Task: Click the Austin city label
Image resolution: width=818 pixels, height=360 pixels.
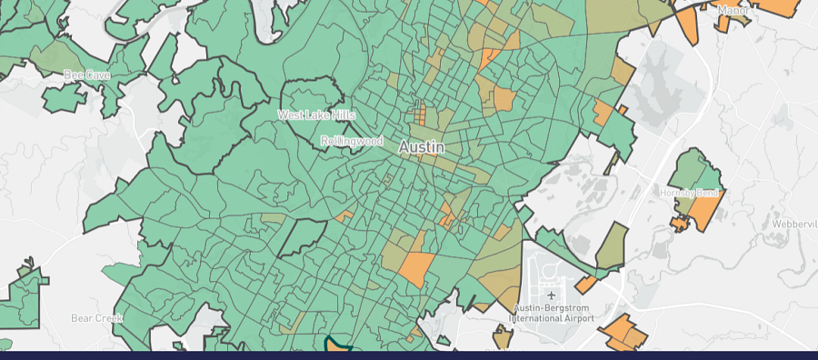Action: [x=423, y=146]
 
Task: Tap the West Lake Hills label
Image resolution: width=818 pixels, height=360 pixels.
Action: [x=316, y=115]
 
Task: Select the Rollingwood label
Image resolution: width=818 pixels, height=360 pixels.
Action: [x=352, y=142]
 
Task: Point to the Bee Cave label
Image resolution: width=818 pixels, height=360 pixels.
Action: [x=86, y=75]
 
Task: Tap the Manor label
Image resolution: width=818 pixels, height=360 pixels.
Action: [x=733, y=10]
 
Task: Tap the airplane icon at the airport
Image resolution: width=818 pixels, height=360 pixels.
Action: [x=552, y=295]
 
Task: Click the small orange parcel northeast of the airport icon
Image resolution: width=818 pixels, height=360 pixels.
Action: [x=585, y=285]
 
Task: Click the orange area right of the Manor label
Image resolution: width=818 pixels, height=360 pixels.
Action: [x=778, y=6]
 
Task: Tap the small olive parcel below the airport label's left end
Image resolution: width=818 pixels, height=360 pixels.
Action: [x=503, y=337]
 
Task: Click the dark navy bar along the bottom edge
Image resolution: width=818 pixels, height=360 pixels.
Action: [x=409, y=355]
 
